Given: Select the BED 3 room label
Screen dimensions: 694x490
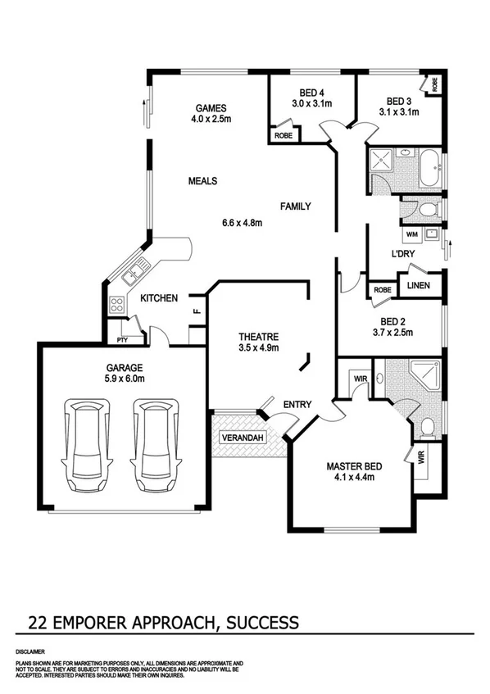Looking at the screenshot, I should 398,100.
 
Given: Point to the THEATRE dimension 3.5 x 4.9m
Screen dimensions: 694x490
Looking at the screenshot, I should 259,348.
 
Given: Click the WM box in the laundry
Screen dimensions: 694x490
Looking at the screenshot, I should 411,235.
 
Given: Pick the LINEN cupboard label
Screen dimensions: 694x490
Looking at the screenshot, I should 419,285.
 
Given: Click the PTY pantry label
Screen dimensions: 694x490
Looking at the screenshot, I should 123,338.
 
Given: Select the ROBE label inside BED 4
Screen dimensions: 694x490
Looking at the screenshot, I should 284,135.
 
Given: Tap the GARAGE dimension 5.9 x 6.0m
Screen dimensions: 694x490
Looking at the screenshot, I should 124,379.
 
